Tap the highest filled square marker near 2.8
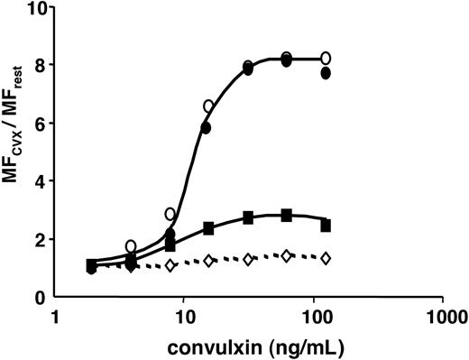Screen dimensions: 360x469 pyautogui.click(x=287, y=215)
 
